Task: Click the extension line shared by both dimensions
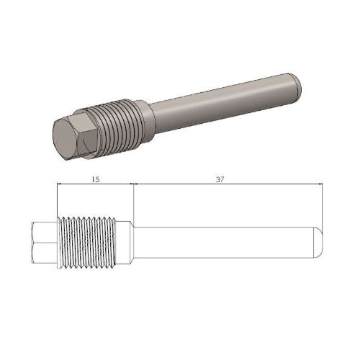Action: click(x=134, y=202)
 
